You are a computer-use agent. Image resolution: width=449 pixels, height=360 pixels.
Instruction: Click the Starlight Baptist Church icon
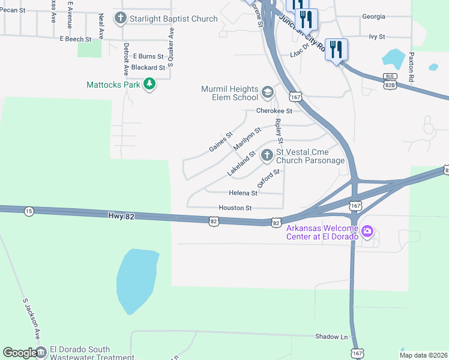121,18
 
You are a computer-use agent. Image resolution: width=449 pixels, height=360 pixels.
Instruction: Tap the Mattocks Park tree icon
149,85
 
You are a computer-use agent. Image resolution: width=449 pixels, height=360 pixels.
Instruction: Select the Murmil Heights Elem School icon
268,93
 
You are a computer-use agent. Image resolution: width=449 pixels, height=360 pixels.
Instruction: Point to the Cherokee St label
274,111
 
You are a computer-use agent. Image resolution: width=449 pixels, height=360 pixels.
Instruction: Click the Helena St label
243,193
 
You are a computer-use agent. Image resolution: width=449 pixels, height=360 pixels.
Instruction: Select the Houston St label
235,208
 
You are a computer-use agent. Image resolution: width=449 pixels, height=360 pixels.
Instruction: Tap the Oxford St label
268,178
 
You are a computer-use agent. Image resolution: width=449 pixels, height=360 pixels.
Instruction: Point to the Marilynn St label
247,139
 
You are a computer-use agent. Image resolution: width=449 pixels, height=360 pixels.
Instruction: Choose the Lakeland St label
241,164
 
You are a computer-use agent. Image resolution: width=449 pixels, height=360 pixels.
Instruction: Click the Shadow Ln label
331,337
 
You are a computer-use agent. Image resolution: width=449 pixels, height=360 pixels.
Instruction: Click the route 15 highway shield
29,211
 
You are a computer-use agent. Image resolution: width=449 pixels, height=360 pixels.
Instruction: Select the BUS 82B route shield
390,82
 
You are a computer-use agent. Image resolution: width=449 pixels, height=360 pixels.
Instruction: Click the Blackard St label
148,68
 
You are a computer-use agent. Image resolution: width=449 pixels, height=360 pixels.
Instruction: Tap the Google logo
20,353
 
